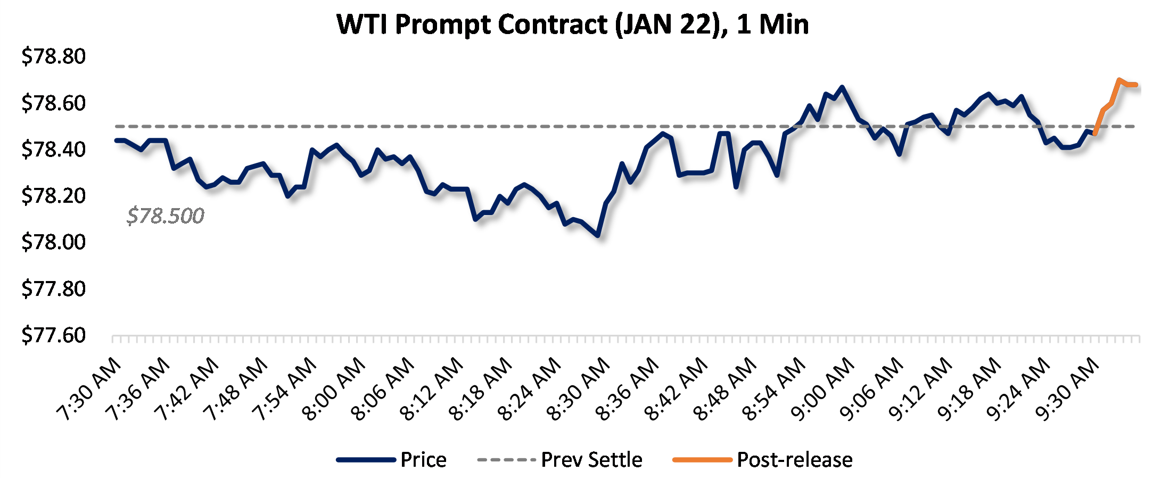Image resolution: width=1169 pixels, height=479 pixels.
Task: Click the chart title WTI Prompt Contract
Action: click(572, 24)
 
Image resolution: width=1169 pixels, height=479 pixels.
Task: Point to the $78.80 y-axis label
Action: click(53, 56)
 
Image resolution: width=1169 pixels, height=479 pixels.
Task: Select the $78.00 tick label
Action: click(53, 242)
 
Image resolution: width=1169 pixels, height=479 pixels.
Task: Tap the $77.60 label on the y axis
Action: click(53, 335)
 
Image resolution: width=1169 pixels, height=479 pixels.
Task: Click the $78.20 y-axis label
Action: click(53, 196)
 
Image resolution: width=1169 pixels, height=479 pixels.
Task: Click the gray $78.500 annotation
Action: click(165, 216)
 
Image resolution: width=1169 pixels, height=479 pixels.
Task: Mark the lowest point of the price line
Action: click(598, 235)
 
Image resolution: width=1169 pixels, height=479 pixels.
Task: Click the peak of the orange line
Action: click(1119, 80)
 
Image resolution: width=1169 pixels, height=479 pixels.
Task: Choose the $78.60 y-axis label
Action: click(53, 103)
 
